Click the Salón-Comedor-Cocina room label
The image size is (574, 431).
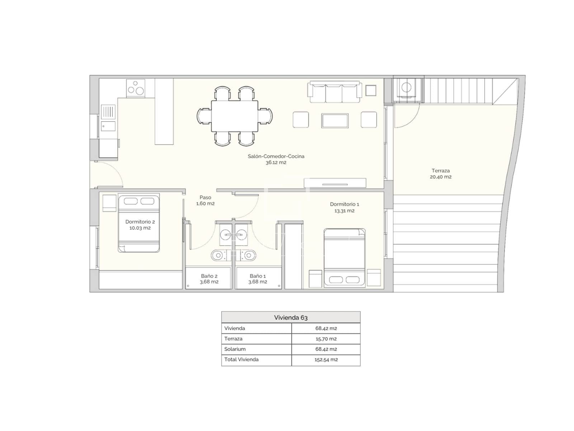click(276, 159)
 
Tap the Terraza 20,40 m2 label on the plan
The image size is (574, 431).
click(441, 173)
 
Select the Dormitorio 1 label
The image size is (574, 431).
click(344, 207)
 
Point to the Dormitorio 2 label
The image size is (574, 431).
click(140, 224)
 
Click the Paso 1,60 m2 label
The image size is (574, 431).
click(205, 200)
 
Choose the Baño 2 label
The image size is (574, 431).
click(209, 279)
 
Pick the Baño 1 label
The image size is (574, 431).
click(258, 279)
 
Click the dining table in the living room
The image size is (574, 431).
click(235, 116)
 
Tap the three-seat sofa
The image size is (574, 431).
click(334, 92)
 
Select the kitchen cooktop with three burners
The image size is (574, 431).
click(136, 88)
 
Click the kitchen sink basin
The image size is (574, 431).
click(108, 126)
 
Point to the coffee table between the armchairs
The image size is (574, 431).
click(335, 121)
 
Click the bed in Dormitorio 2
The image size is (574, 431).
click(138, 223)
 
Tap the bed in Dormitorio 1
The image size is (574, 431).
click(344, 258)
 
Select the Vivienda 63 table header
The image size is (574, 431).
click(291, 318)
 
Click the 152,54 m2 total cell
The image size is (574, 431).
click(326, 360)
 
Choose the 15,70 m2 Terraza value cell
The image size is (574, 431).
click(326, 339)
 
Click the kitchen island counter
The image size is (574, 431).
click(164, 111)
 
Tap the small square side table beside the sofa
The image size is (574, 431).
click(371, 91)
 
